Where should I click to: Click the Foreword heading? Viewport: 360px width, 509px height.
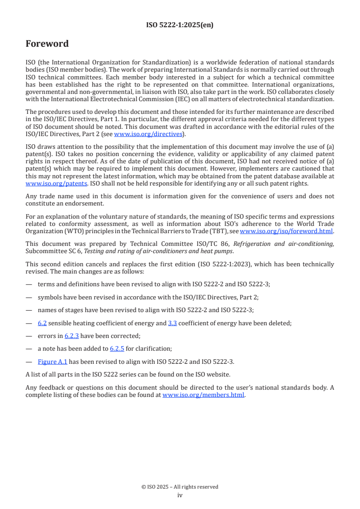point(47,44)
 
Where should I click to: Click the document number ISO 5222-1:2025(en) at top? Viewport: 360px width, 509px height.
point(180,25)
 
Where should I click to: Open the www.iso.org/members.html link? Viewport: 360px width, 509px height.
point(203,395)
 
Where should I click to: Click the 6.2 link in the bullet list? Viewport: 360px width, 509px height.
point(42,323)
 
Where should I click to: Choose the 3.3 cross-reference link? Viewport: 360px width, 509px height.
point(173,323)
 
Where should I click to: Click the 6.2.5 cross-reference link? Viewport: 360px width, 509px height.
point(117,348)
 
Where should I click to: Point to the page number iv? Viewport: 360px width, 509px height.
point(180,495)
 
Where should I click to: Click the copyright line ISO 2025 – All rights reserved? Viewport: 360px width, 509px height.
point(180,487)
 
